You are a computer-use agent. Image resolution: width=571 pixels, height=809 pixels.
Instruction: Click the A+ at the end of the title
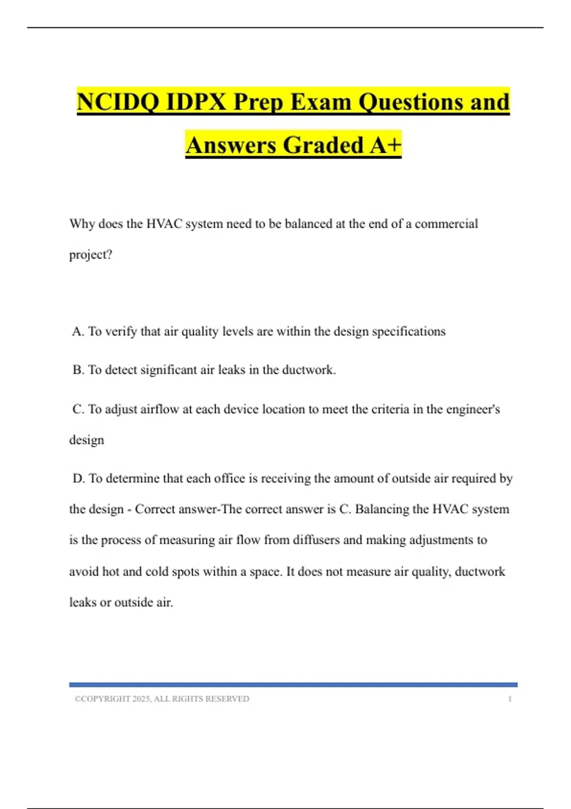point(385,145)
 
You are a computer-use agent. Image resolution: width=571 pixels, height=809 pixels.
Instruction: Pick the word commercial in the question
point(446,224)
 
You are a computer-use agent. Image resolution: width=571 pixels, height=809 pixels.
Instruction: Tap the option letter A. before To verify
point(79,331)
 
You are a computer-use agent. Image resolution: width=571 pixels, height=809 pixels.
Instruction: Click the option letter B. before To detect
point(79,370)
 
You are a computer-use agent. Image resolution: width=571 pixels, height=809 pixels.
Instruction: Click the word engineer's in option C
point(473,409)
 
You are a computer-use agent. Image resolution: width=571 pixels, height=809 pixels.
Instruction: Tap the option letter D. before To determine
point(79,478)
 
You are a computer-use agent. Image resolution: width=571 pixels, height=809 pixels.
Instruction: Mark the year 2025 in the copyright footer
point(141,699)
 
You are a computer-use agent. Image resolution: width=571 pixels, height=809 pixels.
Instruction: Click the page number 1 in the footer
point(510,699)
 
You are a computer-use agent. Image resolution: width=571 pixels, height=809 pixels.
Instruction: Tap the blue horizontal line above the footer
point(293,685)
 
